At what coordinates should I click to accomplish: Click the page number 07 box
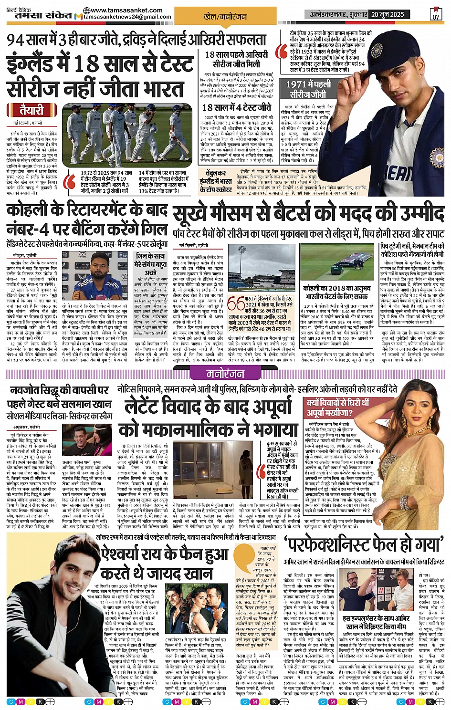coord(436,14)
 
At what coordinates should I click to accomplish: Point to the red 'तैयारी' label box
coord(32,110)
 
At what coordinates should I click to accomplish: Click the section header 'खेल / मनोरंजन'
coord(225,17)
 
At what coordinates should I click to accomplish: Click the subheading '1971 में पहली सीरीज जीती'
coord(309,89)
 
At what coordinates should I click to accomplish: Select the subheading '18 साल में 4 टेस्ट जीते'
coord(236,107)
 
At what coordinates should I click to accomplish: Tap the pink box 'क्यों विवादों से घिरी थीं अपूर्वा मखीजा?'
coord(338,408)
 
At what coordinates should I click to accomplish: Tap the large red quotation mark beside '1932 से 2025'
coord(70,182)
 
